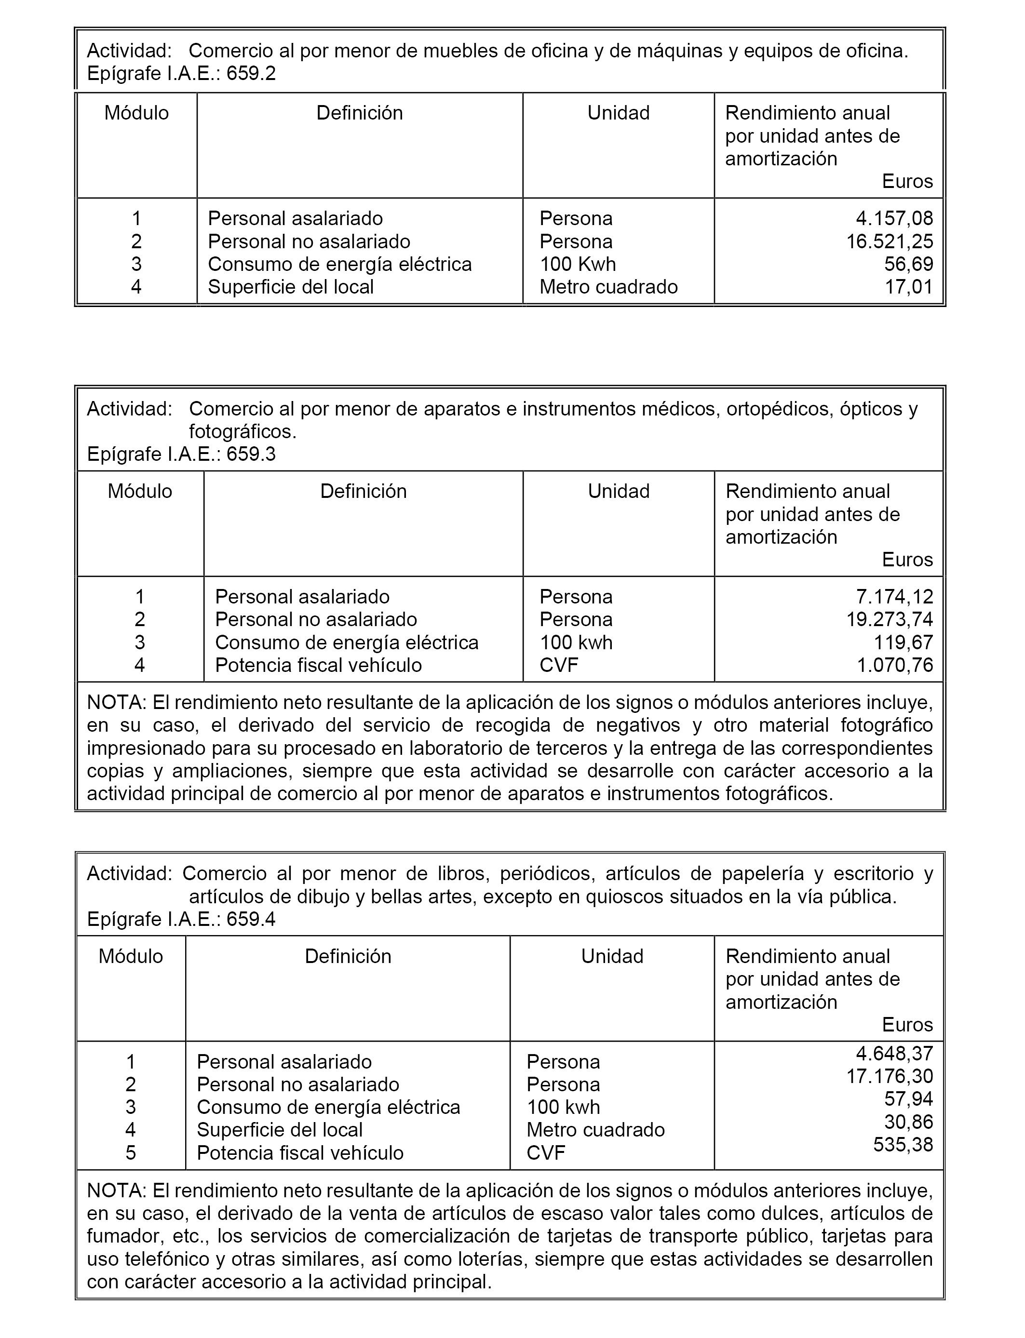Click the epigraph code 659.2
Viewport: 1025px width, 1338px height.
(x=251, y=74)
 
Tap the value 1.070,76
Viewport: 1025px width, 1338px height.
(x=894, y=665)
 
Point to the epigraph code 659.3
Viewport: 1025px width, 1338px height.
(x=251, y=455)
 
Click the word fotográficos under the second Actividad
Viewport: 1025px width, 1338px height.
(x=242, y=432)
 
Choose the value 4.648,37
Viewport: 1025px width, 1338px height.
(x=894, y=1053)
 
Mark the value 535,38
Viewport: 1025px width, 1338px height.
(x=903, y=1145)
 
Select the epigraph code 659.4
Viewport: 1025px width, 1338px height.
(x=251, y=919)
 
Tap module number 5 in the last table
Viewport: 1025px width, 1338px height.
(x=131, y=1152)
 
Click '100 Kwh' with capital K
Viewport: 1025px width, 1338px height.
(x=577, y=264)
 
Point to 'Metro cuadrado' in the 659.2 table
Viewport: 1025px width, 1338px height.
(x=608, y=287)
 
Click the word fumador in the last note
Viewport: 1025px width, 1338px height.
(x=119, y=1236)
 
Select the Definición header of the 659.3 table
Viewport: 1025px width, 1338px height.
(x=363, y=492)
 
